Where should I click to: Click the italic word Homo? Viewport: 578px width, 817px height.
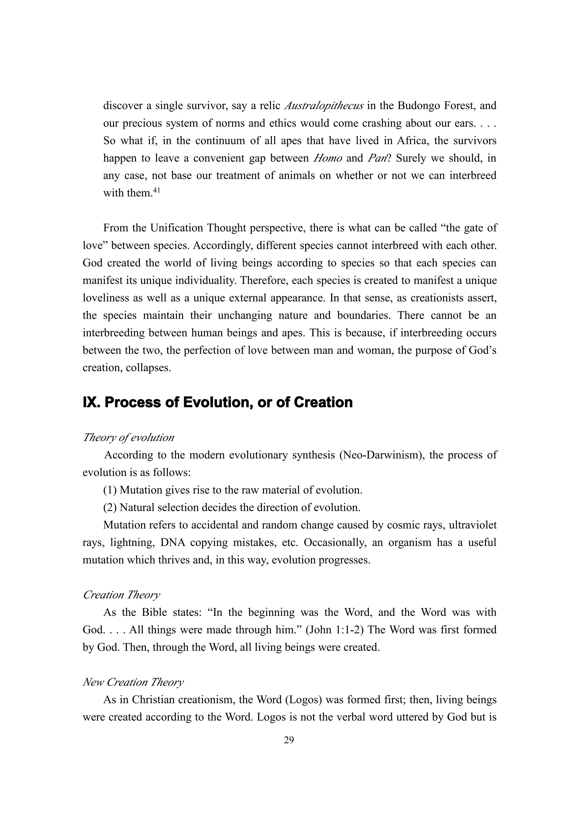pyautogui.click(x=327, y=158)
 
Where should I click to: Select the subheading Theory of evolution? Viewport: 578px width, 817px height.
pyautogui.click(x=128, y=437)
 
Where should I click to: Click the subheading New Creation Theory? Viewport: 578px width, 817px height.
pyautogui.click(x=133, y=682)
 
